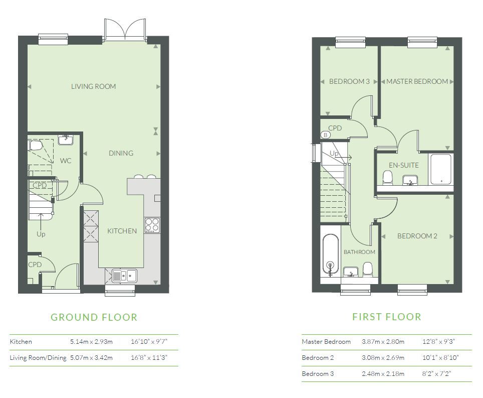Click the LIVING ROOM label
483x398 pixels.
[93, 86]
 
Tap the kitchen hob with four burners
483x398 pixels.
[152, 225]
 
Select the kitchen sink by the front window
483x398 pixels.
[124, 276]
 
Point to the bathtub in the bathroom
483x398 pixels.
[331, 254]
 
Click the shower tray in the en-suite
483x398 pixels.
[441, 169]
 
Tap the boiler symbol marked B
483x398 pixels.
[325, 135]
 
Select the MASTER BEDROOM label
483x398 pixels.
[417, 81]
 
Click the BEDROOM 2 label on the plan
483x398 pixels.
[417, 236]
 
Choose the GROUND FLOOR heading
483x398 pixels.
[94, 317]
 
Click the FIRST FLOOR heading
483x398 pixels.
[387, 317]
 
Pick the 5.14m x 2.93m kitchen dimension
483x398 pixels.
[91, 342]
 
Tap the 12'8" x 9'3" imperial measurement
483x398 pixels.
[438, 342]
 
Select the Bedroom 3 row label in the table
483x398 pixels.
[318, 373]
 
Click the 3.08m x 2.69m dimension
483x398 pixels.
[383, 357]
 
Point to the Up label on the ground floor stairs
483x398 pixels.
[41, 234]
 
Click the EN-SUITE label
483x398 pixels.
[403, 165]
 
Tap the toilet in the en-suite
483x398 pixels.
[387, 178]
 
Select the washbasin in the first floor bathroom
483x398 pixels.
[350, 272]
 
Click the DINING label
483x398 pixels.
[121, 153]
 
